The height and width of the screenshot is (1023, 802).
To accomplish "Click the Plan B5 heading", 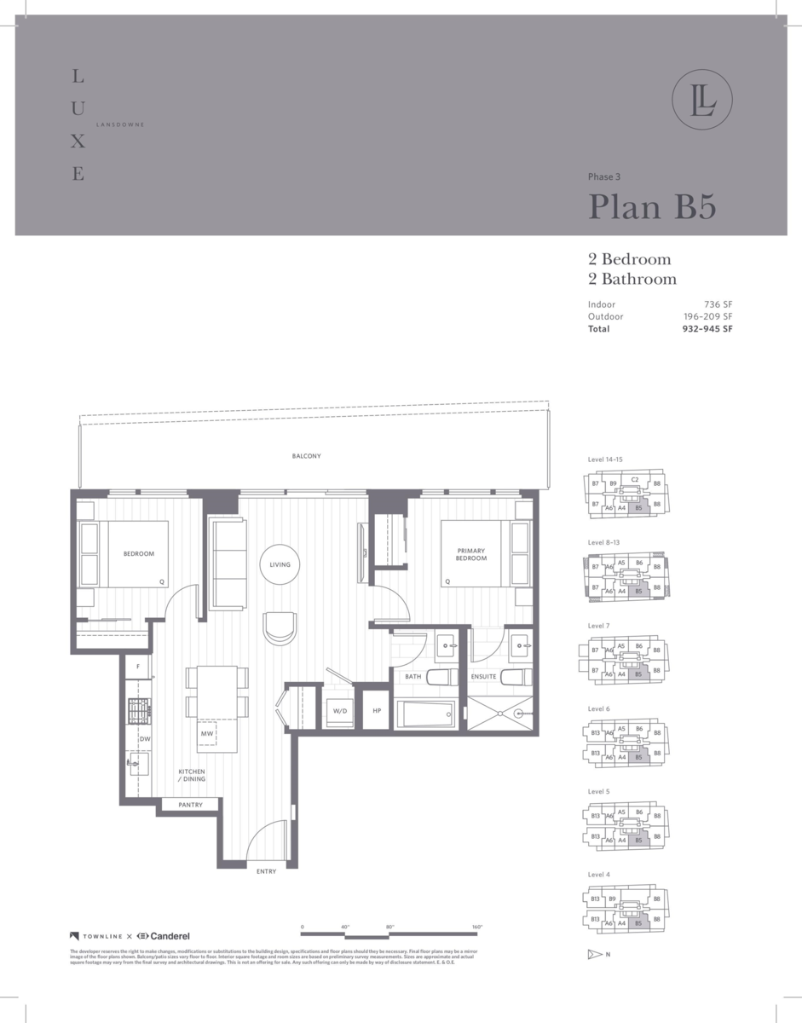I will tap(652, 207).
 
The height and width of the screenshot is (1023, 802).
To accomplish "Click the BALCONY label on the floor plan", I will tap(306, 456).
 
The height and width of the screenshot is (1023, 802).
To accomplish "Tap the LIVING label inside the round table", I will tap(280, 564).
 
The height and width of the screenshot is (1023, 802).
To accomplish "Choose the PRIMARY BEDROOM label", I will tap(470, 555).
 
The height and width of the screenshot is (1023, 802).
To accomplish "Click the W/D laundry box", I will tap(338, 710).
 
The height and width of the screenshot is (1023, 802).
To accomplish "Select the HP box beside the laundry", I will tap(376, 710).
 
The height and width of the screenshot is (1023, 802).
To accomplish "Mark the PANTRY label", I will tap(190, 804).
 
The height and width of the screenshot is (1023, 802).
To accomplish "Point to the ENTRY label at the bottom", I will tap(266, 871).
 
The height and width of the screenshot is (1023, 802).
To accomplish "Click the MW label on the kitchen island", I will tap(207, 733).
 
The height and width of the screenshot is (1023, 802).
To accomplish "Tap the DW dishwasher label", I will tap(145, 739).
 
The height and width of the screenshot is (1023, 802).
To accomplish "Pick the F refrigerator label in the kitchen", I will tap(137, 665).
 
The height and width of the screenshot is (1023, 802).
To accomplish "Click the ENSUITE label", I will tap(484, 677).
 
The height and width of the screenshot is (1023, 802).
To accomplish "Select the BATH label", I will tap(413, 677).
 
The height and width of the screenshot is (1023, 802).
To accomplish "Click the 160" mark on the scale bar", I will tap(476, 927).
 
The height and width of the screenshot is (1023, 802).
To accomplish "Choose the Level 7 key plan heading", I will tap(598, 626).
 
